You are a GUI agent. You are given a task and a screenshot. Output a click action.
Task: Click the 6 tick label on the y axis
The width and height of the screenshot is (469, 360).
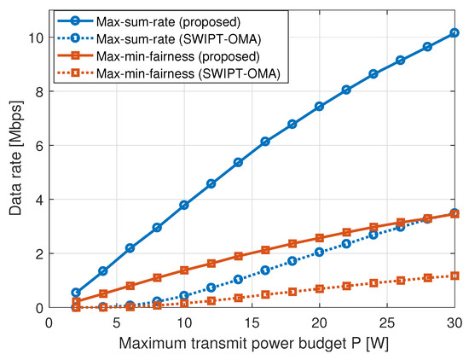click(36, 146)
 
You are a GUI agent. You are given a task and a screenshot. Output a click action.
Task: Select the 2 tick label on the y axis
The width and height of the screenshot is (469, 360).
click(36, 253)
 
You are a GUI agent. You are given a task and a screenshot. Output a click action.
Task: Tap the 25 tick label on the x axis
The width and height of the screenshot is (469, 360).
click(386, 322)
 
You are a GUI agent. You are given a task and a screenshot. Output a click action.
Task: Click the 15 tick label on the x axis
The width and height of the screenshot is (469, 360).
click(252, 322)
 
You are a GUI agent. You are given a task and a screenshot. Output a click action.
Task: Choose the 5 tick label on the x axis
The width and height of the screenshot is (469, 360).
click(116, 322)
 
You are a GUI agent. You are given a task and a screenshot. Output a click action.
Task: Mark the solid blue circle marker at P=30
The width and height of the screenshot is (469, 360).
click(454, 33)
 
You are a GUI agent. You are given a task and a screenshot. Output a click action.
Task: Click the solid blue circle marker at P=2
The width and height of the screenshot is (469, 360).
click(76, 293)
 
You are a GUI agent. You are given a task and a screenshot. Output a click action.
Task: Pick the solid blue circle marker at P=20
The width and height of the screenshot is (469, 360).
click(319, 107)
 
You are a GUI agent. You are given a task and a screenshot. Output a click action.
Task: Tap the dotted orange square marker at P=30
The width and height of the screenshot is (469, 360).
click(454, 276)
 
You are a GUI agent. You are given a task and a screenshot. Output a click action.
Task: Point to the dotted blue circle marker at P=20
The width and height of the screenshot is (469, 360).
click(319, 252)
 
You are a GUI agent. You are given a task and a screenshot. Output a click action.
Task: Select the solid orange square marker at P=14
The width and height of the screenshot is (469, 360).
click(238, 256)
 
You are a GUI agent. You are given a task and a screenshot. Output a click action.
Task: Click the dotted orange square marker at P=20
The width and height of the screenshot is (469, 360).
click(319, 288)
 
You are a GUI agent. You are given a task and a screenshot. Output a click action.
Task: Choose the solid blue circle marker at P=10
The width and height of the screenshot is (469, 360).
click(184, 205)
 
